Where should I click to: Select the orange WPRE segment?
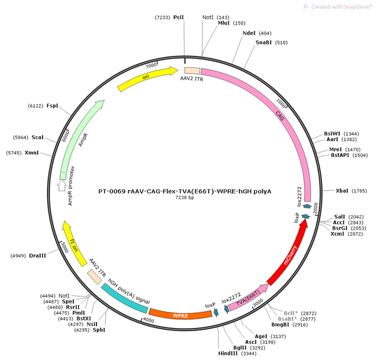180,315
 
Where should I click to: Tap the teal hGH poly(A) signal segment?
123,299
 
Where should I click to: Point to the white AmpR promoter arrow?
62,186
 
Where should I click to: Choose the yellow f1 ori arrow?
74,242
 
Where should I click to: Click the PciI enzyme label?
179,18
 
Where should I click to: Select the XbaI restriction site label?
342,191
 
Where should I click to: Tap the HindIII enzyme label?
228,353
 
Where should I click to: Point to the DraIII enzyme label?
38,256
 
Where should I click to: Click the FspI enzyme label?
52,105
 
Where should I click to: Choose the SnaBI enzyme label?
264,43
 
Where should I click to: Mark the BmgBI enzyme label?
280,325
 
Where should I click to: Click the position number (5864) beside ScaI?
21,137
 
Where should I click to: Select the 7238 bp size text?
185,198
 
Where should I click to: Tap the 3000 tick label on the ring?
258,302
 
